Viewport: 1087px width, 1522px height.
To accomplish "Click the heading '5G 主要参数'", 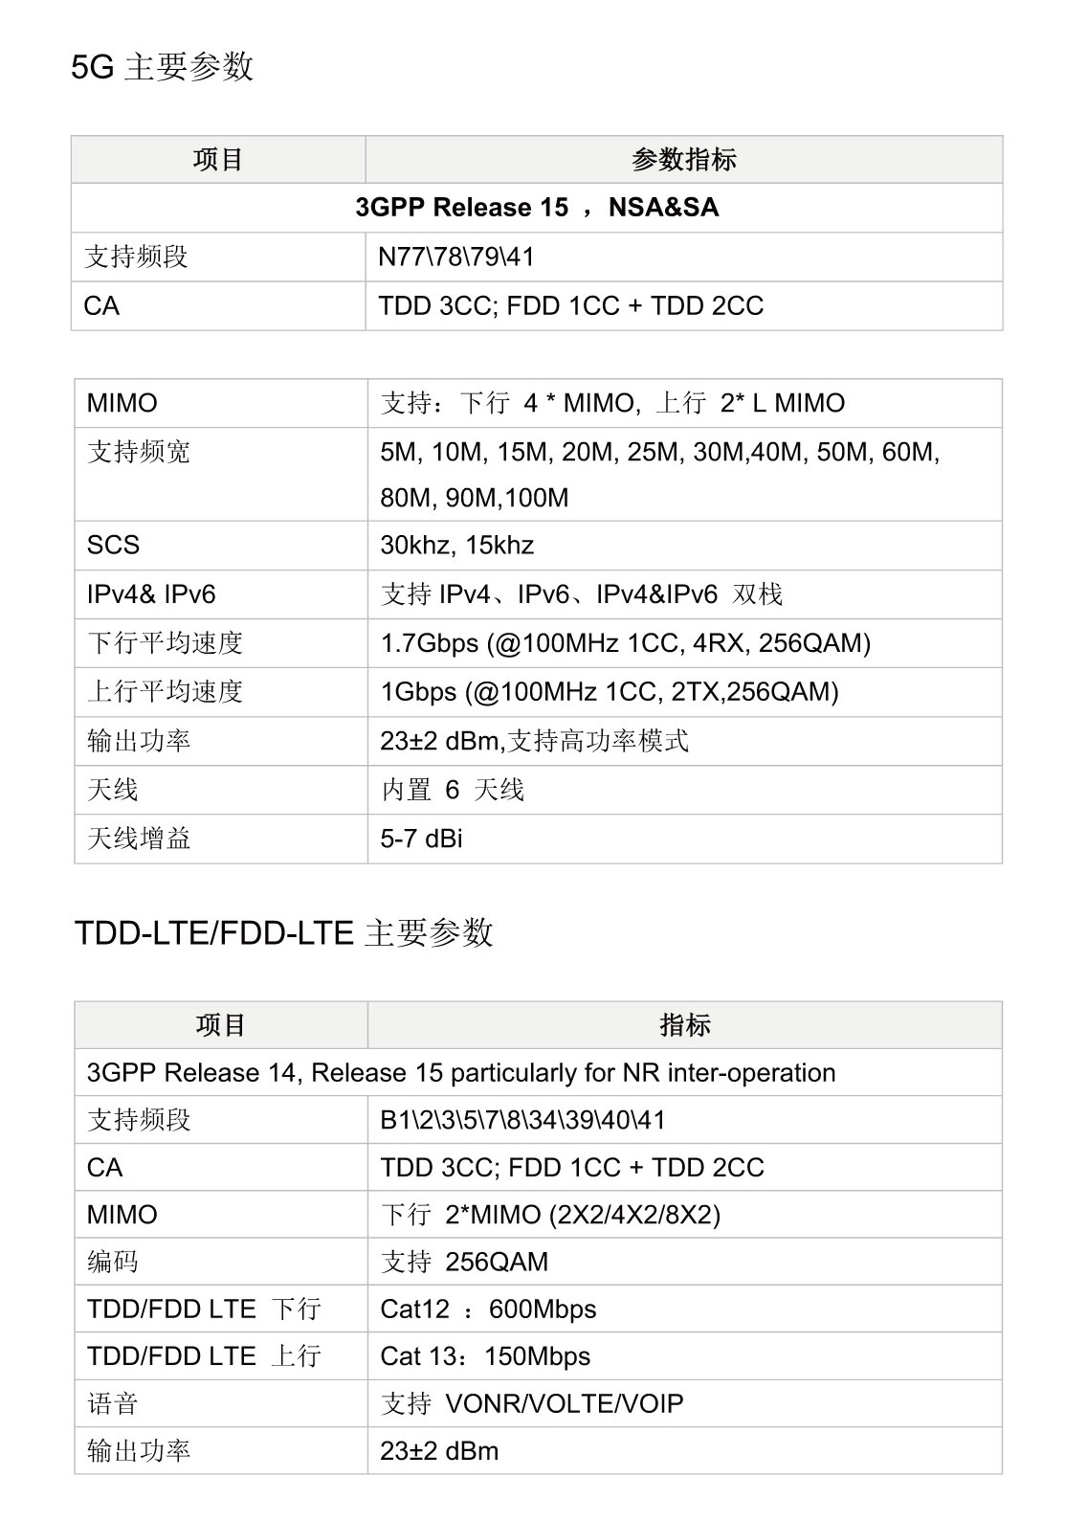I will (163, 67).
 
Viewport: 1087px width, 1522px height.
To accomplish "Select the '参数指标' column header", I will (683, 160).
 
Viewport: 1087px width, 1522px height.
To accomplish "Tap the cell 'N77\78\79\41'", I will (456, 257).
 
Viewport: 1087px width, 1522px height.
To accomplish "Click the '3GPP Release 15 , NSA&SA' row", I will (537, 208).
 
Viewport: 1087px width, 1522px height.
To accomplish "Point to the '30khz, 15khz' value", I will (457, 546).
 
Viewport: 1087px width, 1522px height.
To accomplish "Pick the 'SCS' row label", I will (114, 546).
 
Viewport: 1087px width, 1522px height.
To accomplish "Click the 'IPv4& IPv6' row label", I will (151, 594).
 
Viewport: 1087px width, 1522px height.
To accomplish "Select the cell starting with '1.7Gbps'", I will (626, 643).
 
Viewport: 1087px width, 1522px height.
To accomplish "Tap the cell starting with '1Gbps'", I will (610, 692).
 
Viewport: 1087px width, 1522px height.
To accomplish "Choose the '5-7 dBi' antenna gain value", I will (422, 839).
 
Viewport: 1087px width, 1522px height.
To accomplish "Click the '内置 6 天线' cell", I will (453, 790).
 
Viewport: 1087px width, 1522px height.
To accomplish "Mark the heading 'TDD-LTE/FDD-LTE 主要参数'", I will (284, 932).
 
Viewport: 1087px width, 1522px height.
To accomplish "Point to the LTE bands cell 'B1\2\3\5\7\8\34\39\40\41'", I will (522, 1120).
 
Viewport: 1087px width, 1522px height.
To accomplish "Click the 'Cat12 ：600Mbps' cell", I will (488, 1309).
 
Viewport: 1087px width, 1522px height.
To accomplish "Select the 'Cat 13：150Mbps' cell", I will (485, 1356).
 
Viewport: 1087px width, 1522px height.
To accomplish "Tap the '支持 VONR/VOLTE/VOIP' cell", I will (532, 1404).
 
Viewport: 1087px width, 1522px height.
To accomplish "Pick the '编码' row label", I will (113, 1262).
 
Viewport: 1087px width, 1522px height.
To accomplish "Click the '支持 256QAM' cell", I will (464, 1262).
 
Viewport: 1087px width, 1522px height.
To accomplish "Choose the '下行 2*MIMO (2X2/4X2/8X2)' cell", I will (550, 1215).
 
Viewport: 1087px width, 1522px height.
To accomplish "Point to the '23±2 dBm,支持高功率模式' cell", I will (534, 741).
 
